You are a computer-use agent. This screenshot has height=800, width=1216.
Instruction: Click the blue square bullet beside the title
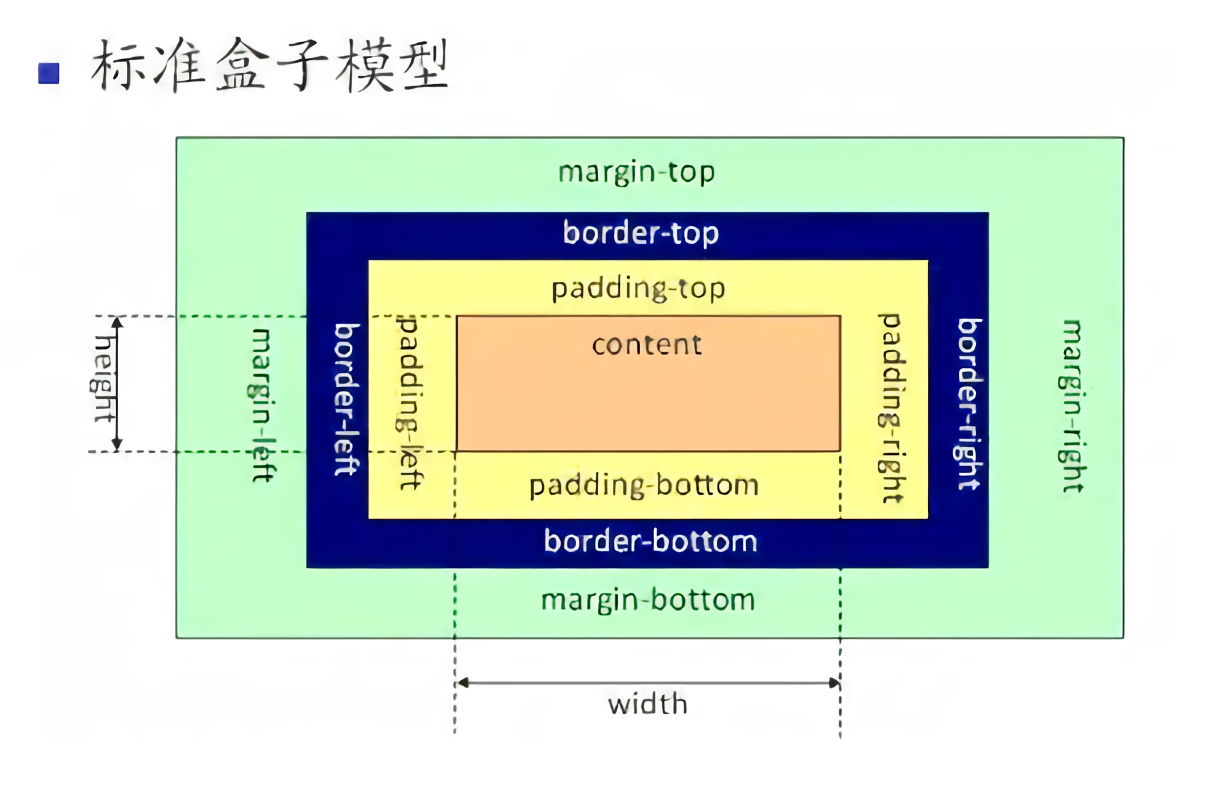[49, 73]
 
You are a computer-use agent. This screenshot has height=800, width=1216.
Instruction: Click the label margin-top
[636, 172]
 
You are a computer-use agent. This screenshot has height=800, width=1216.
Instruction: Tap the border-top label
[641, 233]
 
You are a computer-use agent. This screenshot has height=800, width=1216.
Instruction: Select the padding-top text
[638, 289]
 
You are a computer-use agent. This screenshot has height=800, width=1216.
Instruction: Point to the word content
[647, 345]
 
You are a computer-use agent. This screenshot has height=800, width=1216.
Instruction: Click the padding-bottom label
[644, 486]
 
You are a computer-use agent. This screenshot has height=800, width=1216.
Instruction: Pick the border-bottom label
[650, 542]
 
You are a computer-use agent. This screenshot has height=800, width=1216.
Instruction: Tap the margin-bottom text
[648, 600]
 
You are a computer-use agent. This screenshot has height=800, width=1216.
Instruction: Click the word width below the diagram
[647, 704]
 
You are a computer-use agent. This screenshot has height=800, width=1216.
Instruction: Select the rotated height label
[103, 378]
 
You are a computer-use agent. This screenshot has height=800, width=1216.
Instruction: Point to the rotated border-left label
[346, 399]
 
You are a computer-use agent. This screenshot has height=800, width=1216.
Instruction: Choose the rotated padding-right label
[891, 407]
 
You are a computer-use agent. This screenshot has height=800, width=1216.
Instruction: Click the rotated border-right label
[969, 404]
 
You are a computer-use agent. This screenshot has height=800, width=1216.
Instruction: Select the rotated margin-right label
[1073, 406]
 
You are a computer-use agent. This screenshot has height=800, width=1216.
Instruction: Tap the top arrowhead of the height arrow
[117, 322]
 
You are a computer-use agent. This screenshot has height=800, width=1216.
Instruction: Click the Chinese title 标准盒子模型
[270, 65]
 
